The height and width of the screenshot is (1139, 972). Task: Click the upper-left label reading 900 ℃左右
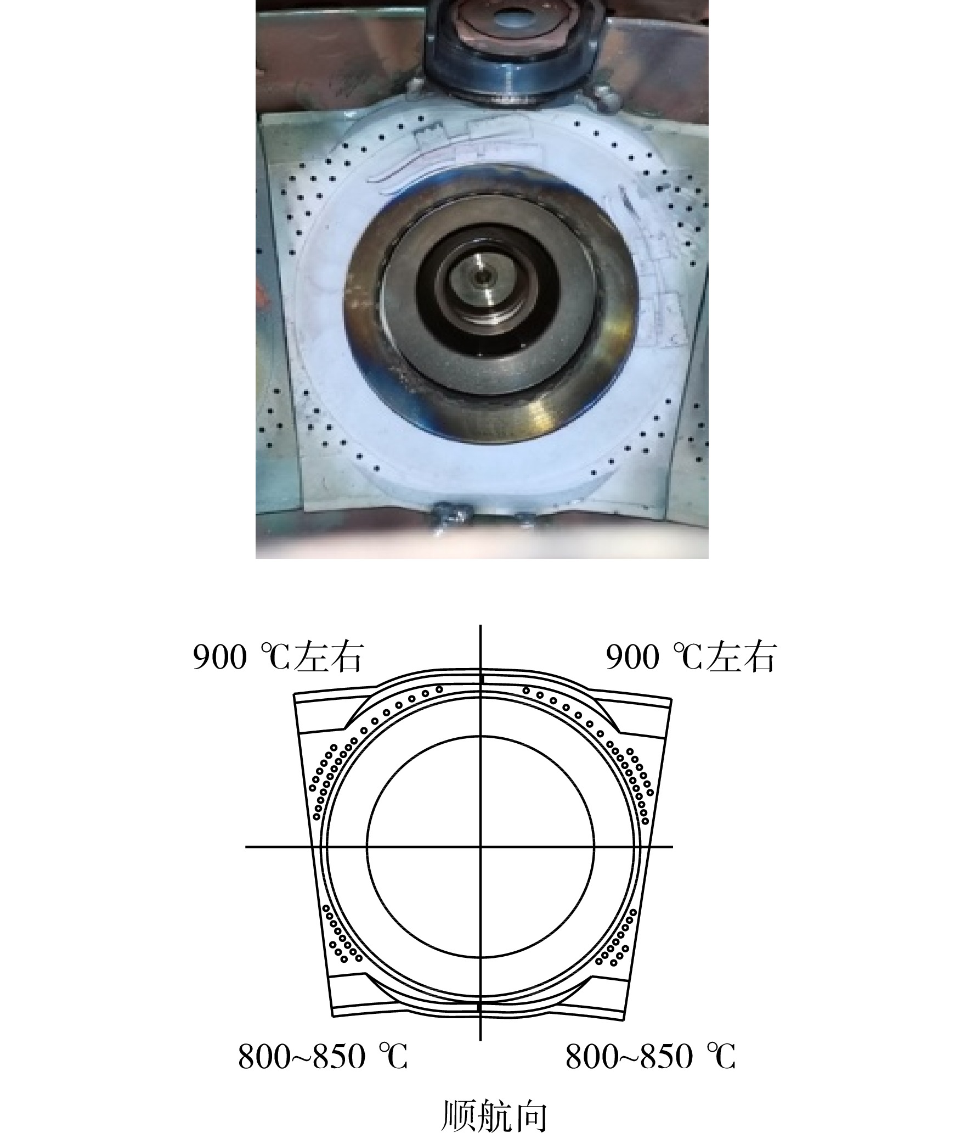coord(278,658)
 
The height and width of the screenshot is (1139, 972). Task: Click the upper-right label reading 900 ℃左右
coord(691,658)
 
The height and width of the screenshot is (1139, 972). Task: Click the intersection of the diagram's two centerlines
coord(481,846)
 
